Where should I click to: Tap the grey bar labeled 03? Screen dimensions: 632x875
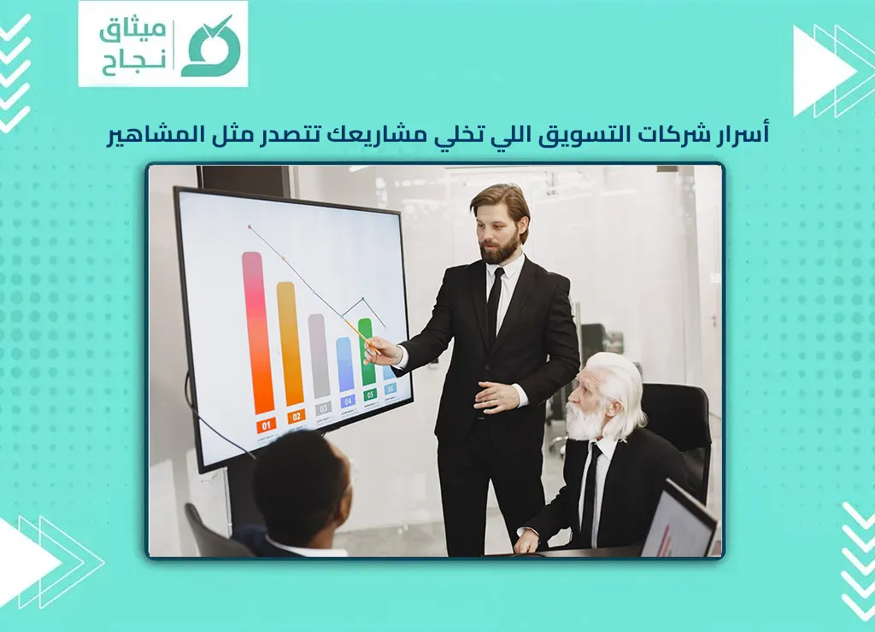319,356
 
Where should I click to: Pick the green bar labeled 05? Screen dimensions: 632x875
367,353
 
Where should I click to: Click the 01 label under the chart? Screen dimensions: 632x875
266,424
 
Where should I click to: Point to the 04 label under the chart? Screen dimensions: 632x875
347,401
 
